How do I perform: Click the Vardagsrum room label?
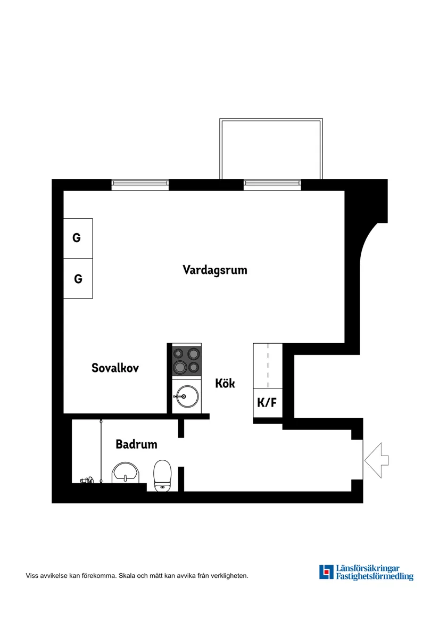tap(215, 270)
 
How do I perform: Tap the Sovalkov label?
tap(115, 368)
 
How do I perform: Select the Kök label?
tap(225, 383)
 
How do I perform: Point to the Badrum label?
tap(136, 444)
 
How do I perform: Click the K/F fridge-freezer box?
tap(267, 403)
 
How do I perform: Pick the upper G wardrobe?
tap(78, 238)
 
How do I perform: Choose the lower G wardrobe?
tap(78, 279)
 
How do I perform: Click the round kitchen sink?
tap(186, 396)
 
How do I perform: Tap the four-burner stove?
tap(186, 360)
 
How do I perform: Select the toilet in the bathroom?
tap(162, 475)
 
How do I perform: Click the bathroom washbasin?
tap(125, 473)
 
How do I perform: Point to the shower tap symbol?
tap(87, 480)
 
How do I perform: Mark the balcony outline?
tap(271, 149)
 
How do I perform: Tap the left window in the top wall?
tap(140, 185)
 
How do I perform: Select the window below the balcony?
tap(272, 185)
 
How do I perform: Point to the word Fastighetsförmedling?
tap(375, 576)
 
